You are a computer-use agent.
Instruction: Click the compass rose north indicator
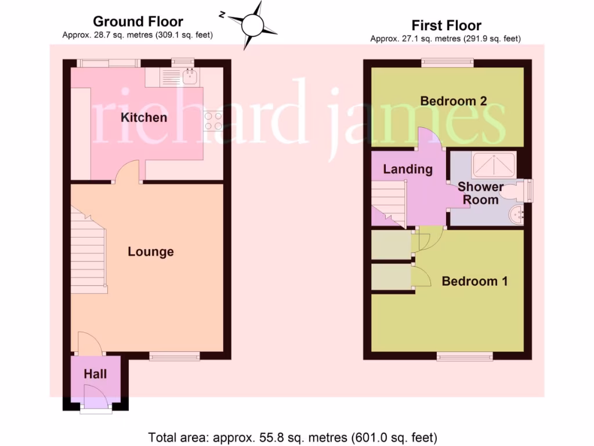252,25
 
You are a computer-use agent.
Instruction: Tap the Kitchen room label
143,118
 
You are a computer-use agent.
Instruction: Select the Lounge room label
150,251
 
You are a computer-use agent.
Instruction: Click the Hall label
95,374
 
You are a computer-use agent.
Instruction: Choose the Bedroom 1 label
475,281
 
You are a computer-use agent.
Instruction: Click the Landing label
408,170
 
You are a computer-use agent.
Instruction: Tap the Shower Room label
480,193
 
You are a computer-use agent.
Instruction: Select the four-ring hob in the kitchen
213,120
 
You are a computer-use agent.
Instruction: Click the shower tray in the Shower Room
493,165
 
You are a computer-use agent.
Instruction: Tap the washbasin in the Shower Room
516,215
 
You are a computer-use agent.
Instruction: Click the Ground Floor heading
138,22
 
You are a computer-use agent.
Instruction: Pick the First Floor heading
446,26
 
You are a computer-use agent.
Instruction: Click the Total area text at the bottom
292,437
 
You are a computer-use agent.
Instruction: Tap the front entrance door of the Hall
96,401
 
